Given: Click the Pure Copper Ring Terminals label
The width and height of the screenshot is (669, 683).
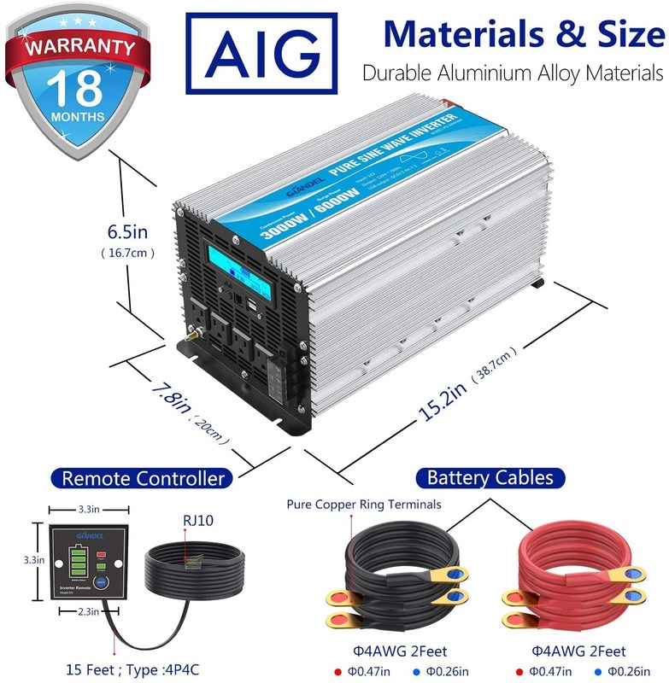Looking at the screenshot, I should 364,504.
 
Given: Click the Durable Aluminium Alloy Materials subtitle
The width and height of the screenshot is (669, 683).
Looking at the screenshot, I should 511,73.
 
